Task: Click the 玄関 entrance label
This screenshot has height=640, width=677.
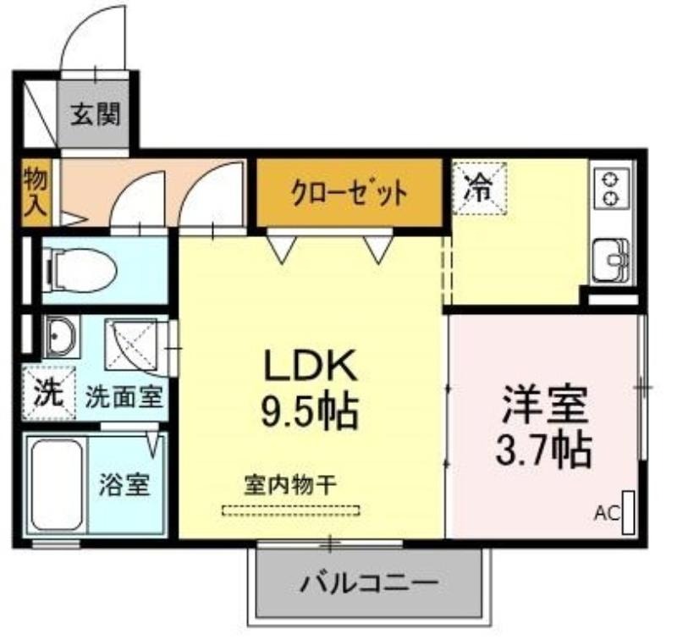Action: pyautogui.click(x=95, y=114)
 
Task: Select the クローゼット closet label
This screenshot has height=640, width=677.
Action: pyautogui.click(x=350, y=193)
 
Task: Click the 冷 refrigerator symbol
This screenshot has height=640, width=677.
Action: pyautogui.click(x=479, y=188)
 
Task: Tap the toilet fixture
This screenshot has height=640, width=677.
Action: pyautogui.click(x=80, y=271)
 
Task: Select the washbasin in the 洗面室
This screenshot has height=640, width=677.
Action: pyautogui.click(x=61, y=336)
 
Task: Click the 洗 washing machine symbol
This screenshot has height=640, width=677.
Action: pyautogui.click(x=49, y=393)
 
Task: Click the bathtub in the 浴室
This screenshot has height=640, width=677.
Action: pyautogui.click(x=57, y=484)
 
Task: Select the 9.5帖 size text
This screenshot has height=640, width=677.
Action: pyautogui.click(x=309, y=411)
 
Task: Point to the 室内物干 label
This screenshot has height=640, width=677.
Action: pyautogui.click(x=290, y=484)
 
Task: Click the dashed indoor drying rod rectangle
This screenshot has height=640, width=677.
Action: pyautogui.click(x=290, y=510)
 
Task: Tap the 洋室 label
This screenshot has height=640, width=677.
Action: pyautogui.click(x=544, y=405)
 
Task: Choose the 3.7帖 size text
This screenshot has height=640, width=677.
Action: pyautogui.click(x=543, y=450)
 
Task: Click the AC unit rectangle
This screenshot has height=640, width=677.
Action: pyautogui.click(x=628, y=512)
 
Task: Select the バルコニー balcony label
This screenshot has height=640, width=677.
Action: pyautogui.click(x=370, y=584)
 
